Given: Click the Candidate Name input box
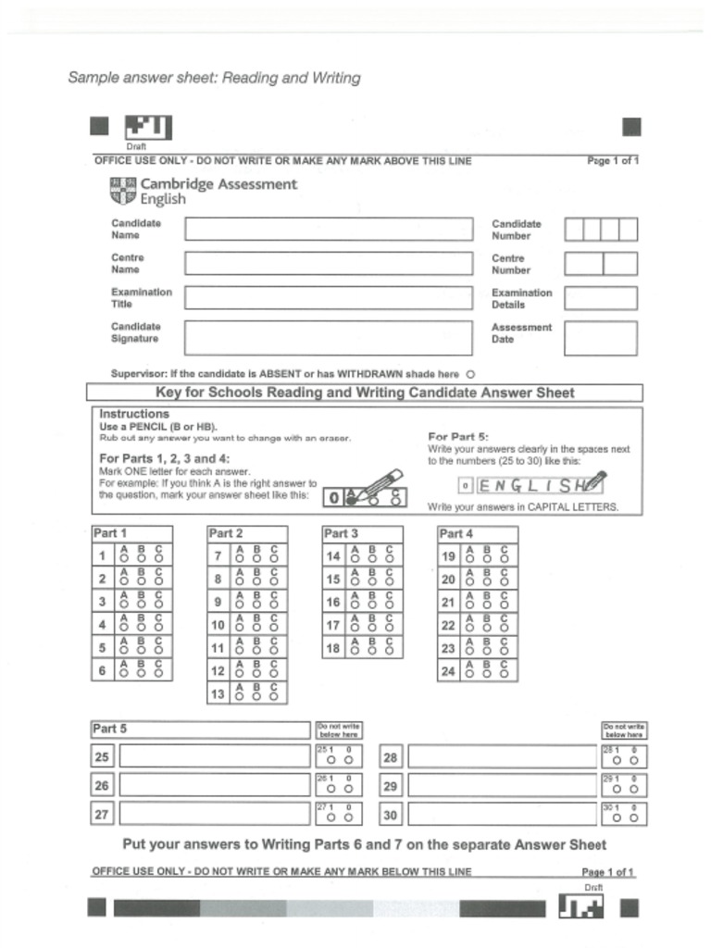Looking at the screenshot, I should (328, 230).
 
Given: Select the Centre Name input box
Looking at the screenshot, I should (328, 263).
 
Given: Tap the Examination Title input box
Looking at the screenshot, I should (328, 297).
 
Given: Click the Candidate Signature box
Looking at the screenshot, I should (328, 337).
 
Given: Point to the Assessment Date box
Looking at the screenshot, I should (600, 338).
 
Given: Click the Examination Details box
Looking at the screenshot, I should (600, 298).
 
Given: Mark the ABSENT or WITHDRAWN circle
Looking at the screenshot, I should (470, 374).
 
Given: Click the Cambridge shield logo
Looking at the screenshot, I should (123, 191).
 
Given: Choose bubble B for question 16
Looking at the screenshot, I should (369, 605).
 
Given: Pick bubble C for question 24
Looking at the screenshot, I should (504, 674).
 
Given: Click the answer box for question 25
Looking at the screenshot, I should (213, 756).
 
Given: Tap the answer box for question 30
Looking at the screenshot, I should (502, 815).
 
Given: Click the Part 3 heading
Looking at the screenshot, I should (341, 534).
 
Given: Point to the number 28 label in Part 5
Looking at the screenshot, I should (390, 757).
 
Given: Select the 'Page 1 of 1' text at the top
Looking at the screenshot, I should (612, 161).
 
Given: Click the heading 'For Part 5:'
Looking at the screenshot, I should (458, 436).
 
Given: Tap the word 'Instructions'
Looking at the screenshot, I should (134, 414).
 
